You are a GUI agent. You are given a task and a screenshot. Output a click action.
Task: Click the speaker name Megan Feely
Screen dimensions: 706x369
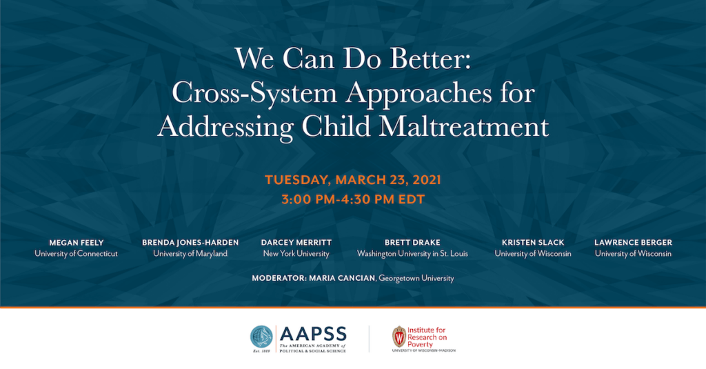coord(76,242)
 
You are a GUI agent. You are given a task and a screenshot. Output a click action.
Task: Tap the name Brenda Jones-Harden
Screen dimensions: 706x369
coord(190,242)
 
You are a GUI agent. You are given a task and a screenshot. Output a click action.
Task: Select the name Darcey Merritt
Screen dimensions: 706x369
coord(296,242)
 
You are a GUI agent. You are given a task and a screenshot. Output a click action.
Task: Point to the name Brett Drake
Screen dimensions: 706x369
coord(412,242)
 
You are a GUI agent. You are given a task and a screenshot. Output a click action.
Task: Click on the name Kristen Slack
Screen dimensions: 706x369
coord(533,242)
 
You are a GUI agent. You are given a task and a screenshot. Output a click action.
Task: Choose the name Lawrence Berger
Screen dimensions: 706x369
coord(633,242)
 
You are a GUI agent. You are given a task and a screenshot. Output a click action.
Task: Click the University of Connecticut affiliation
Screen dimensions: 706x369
coord(76,254)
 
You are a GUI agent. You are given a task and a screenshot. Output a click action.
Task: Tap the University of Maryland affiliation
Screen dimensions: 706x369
coord(190,254)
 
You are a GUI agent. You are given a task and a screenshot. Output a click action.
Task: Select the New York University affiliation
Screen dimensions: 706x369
coord(296,254)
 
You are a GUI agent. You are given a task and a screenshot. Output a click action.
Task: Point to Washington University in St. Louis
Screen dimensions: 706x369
coord(412,254)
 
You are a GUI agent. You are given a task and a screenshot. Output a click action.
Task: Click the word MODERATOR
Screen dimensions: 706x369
coord(279,279)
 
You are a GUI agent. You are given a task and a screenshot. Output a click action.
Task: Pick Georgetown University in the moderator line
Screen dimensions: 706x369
coord(416,279)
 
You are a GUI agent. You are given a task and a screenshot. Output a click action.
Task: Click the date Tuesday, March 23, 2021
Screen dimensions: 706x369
coord(353,180)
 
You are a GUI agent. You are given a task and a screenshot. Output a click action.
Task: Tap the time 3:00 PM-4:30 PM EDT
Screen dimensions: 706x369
coord(353,199)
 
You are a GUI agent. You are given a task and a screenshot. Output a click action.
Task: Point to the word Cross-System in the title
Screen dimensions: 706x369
coord(254,93)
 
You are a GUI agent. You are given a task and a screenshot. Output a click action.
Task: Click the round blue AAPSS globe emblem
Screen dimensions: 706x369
coord(261,337)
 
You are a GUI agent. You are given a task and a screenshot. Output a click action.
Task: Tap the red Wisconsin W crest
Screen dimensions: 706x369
coord(399,337)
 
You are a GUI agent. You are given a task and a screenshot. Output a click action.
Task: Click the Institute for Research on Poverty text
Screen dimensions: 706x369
coord(427,337)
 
